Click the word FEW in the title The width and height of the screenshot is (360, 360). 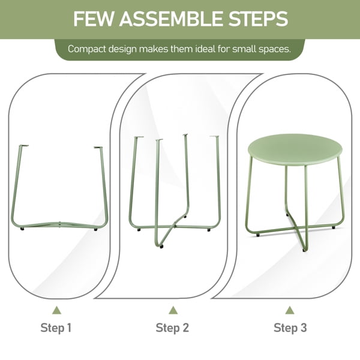click(94, 19)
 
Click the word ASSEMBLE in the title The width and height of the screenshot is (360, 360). click(171, 19)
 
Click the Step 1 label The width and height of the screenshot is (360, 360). click(56, 328)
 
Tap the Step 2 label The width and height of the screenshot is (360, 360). click(172, 328)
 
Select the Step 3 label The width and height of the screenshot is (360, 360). click(290, 328)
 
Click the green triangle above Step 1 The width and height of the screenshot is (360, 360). click(57, 310)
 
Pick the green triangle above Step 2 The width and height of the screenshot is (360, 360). click(173, 310)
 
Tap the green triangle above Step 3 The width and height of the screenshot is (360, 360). click(290, 310)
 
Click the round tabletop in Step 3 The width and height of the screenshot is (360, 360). click(295, 149)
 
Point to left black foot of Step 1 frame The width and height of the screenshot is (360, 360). click(22, 229)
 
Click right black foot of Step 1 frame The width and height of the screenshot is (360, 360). click(95, 229)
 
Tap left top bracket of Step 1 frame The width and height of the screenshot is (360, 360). click(23, 146)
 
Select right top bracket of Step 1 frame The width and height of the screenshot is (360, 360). click(98, 148)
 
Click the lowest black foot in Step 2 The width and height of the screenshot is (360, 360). click(161, 247)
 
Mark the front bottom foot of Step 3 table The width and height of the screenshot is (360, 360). click(304, 250)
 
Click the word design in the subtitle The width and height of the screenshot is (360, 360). click(122, 49)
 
